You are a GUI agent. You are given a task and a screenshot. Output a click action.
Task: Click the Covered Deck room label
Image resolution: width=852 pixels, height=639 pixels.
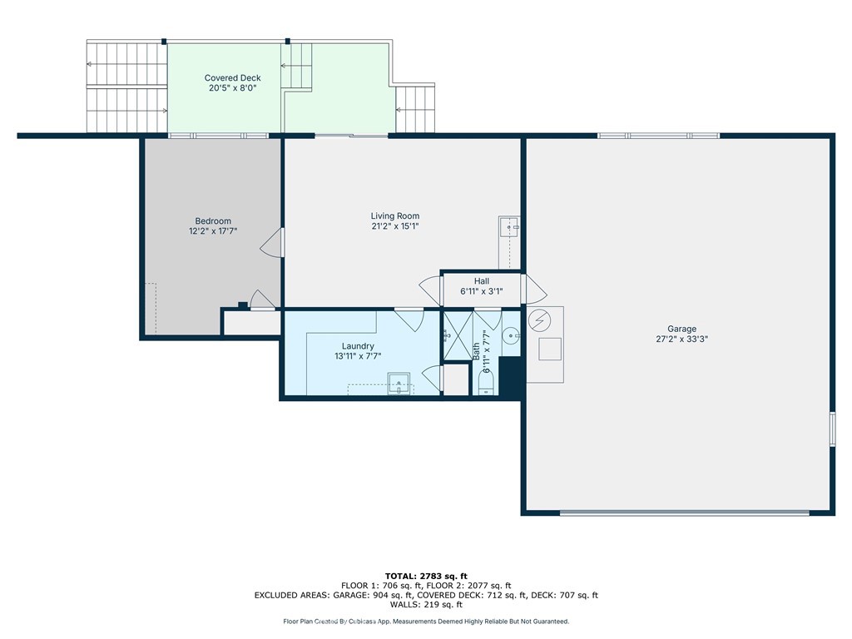tap(233, 77)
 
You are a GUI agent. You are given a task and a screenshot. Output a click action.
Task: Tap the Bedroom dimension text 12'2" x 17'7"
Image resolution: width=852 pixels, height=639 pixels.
tap(213, 231)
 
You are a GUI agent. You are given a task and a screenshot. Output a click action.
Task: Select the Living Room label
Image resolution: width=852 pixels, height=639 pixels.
tap(395, 215)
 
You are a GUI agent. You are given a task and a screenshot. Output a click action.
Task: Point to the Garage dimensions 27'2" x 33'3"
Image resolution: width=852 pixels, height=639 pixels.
tap(682, 339)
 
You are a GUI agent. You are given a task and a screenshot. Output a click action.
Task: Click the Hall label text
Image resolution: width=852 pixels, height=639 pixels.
tap(482, 281)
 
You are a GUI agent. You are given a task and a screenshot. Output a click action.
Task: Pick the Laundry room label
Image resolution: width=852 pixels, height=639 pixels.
tap(358, 346)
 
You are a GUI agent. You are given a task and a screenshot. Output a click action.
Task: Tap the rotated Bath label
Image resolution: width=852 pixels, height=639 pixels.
tap(476, 351)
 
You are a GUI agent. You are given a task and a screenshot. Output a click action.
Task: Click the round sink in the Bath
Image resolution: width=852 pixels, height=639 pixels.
tap(511, 336)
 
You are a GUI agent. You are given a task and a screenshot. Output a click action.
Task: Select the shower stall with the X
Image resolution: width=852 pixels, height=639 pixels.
tap(458, 335)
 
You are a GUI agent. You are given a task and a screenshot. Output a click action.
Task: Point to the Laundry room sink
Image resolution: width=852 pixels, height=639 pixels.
tap(399, 384)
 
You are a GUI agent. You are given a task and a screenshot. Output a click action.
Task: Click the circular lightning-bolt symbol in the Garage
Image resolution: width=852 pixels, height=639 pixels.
tap(539, 320)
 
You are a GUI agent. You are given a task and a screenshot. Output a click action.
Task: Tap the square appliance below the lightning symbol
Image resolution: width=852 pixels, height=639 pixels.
tap(550, 349)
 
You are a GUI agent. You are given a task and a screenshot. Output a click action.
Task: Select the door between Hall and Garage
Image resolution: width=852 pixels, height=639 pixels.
tap(534, 289)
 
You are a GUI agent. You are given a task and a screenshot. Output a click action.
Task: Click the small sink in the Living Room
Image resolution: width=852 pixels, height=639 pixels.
tap(509, 226)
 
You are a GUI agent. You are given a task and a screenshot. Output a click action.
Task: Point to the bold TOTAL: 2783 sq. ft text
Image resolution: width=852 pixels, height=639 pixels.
tap(426, 576)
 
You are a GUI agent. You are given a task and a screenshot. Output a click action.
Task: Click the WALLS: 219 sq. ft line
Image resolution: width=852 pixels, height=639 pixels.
tap(426, 604)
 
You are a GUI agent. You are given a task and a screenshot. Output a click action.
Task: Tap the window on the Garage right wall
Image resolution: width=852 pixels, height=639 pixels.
tap(832, 429)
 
